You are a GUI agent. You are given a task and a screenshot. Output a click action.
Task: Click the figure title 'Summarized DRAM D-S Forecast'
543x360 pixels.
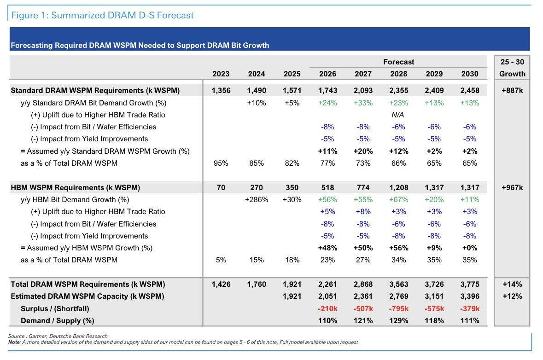click(122, 15)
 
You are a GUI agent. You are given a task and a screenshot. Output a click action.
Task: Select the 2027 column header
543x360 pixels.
click(363, 74)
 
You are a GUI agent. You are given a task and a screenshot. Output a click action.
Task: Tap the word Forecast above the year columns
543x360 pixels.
click(398, 62)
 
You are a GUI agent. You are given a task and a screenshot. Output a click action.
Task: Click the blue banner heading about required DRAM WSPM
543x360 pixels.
click(140, 46)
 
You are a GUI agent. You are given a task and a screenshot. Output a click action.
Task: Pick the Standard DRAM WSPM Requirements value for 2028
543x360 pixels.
click(398, 90)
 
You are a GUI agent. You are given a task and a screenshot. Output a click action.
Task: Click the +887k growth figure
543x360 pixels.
click(512, 90)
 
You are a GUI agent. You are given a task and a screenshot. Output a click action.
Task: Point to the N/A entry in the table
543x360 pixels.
click(397, 115)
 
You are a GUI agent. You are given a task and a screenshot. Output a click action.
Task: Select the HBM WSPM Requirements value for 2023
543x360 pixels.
click(221, 188)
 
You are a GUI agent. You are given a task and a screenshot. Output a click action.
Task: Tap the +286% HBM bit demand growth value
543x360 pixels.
click(256, 200)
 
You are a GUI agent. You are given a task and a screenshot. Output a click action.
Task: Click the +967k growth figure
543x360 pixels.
click(512, 188)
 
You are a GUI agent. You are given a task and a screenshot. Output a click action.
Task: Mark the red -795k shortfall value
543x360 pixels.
click(398, 308)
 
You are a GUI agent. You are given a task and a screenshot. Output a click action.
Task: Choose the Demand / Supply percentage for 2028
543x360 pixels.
click(398, 320)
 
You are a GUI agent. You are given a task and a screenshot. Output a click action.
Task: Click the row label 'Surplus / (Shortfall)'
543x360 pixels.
click(55, 309)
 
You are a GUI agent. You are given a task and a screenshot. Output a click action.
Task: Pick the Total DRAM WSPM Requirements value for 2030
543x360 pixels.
click(470, 284)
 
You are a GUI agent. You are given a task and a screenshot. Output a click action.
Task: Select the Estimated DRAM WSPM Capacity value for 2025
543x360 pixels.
click(292, 296)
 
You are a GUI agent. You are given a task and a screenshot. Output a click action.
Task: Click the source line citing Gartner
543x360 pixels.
click(58, 336)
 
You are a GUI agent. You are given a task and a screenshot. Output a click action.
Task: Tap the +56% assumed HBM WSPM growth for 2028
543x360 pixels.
click(398, 248)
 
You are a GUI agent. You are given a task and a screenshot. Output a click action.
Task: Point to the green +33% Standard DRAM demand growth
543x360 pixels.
click(363, 103)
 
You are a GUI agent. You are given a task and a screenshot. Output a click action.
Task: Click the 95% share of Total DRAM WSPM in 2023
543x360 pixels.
click(221, 163)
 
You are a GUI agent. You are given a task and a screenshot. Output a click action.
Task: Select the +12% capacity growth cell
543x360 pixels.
click(512, 296)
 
